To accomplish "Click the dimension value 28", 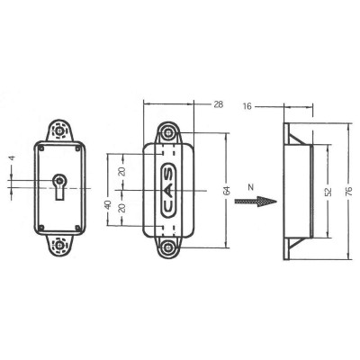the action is click(x=219, y=104).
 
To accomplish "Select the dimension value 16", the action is click(x=247, y=106).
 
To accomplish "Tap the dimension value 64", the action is click(x=227, y=191).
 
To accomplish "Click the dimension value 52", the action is click(x=328, y=192).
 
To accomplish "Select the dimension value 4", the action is click(x=12, y=157).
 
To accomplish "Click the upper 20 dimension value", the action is click(x=121, y=172).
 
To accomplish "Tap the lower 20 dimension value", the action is click(x=121, y=208).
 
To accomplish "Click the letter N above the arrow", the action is click(x=251, y=187).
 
